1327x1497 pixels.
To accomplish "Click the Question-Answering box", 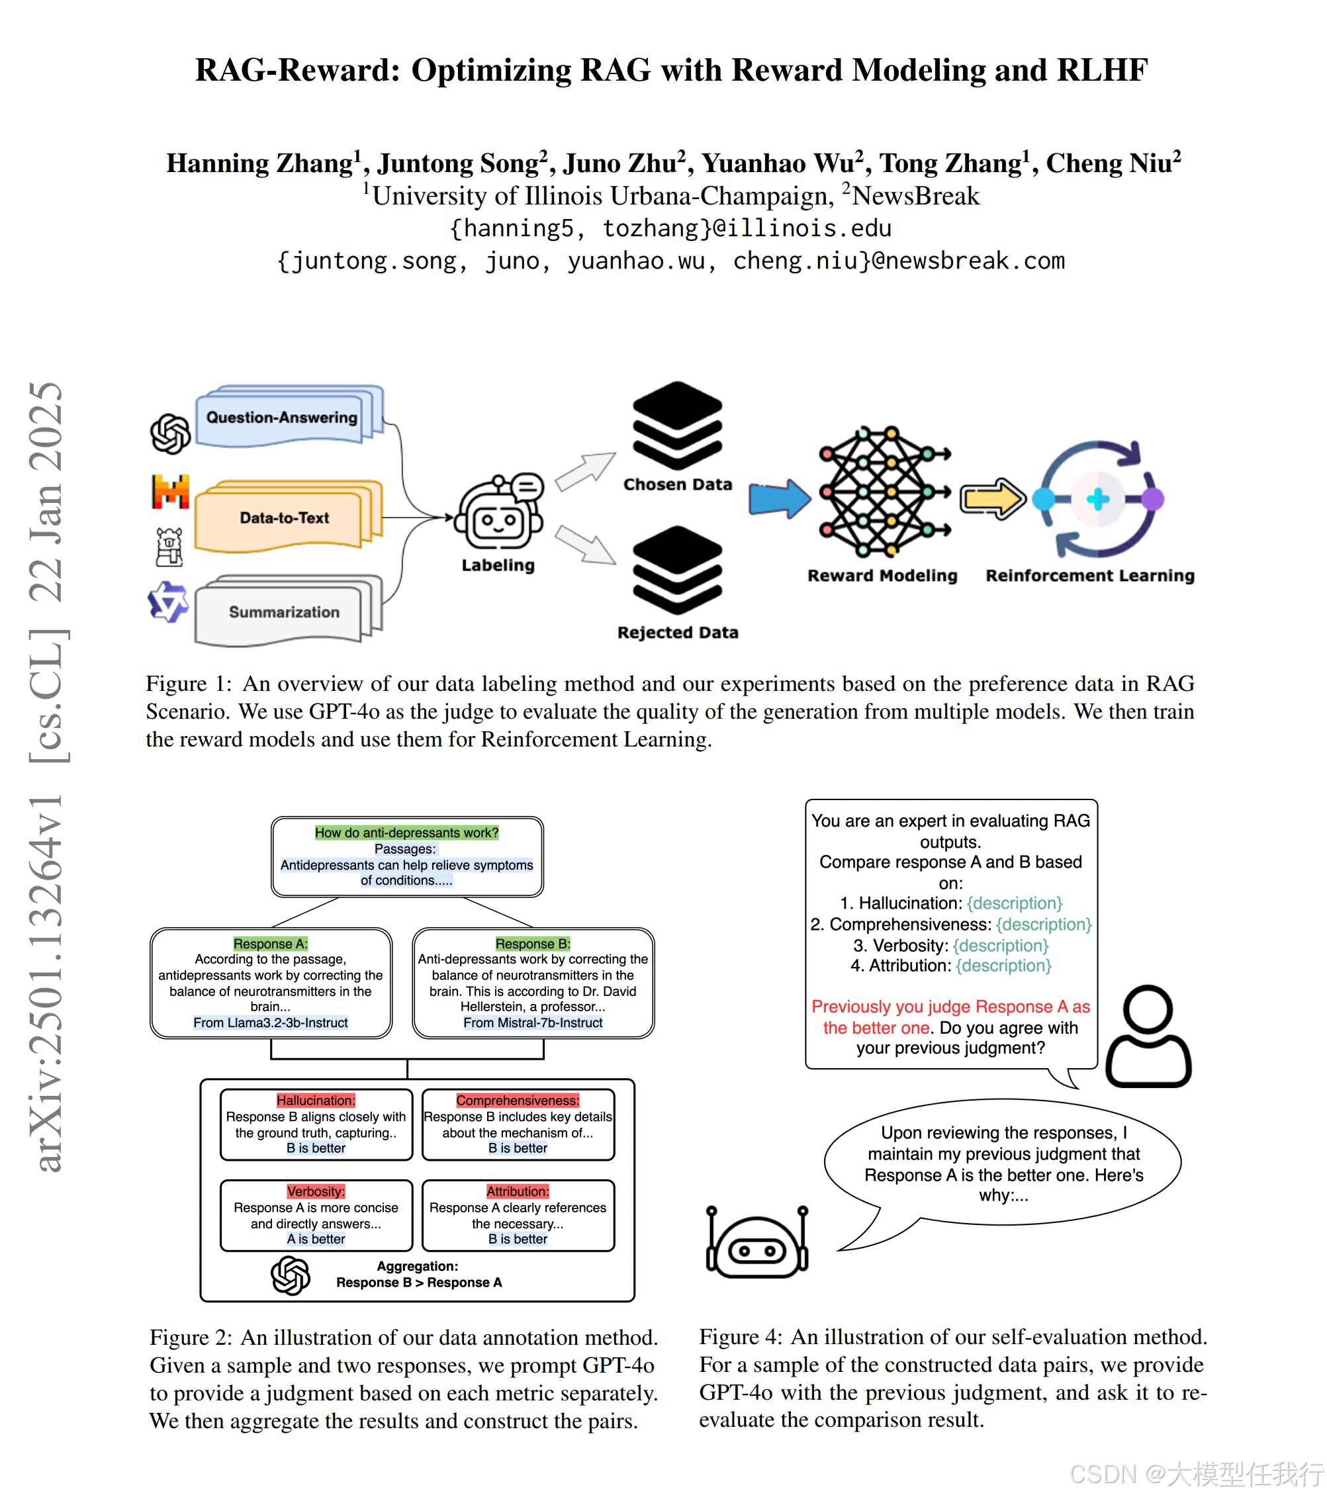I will (x=282, y=418).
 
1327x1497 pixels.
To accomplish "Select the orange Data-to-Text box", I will (x=284, y=518).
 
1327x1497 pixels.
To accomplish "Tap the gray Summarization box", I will (x=284, y=612).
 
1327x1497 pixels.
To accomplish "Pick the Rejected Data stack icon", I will (x=678, y=570).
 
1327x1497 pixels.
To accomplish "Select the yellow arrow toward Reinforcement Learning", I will (x=992, y=499).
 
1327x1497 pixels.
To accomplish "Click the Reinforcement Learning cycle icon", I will (x=1097, y=499).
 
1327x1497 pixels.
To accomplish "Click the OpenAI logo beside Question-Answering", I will (x=170, y=433).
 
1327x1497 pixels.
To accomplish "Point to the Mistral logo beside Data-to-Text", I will (x=170, y=492).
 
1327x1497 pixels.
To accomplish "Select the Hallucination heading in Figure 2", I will (x=316, y=1100).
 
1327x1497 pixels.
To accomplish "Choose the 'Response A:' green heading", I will (x=270, y=943).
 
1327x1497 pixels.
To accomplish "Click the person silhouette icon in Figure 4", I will (x=1148, y=1036).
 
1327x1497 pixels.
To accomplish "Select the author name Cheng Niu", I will (x=1108, y=163).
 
